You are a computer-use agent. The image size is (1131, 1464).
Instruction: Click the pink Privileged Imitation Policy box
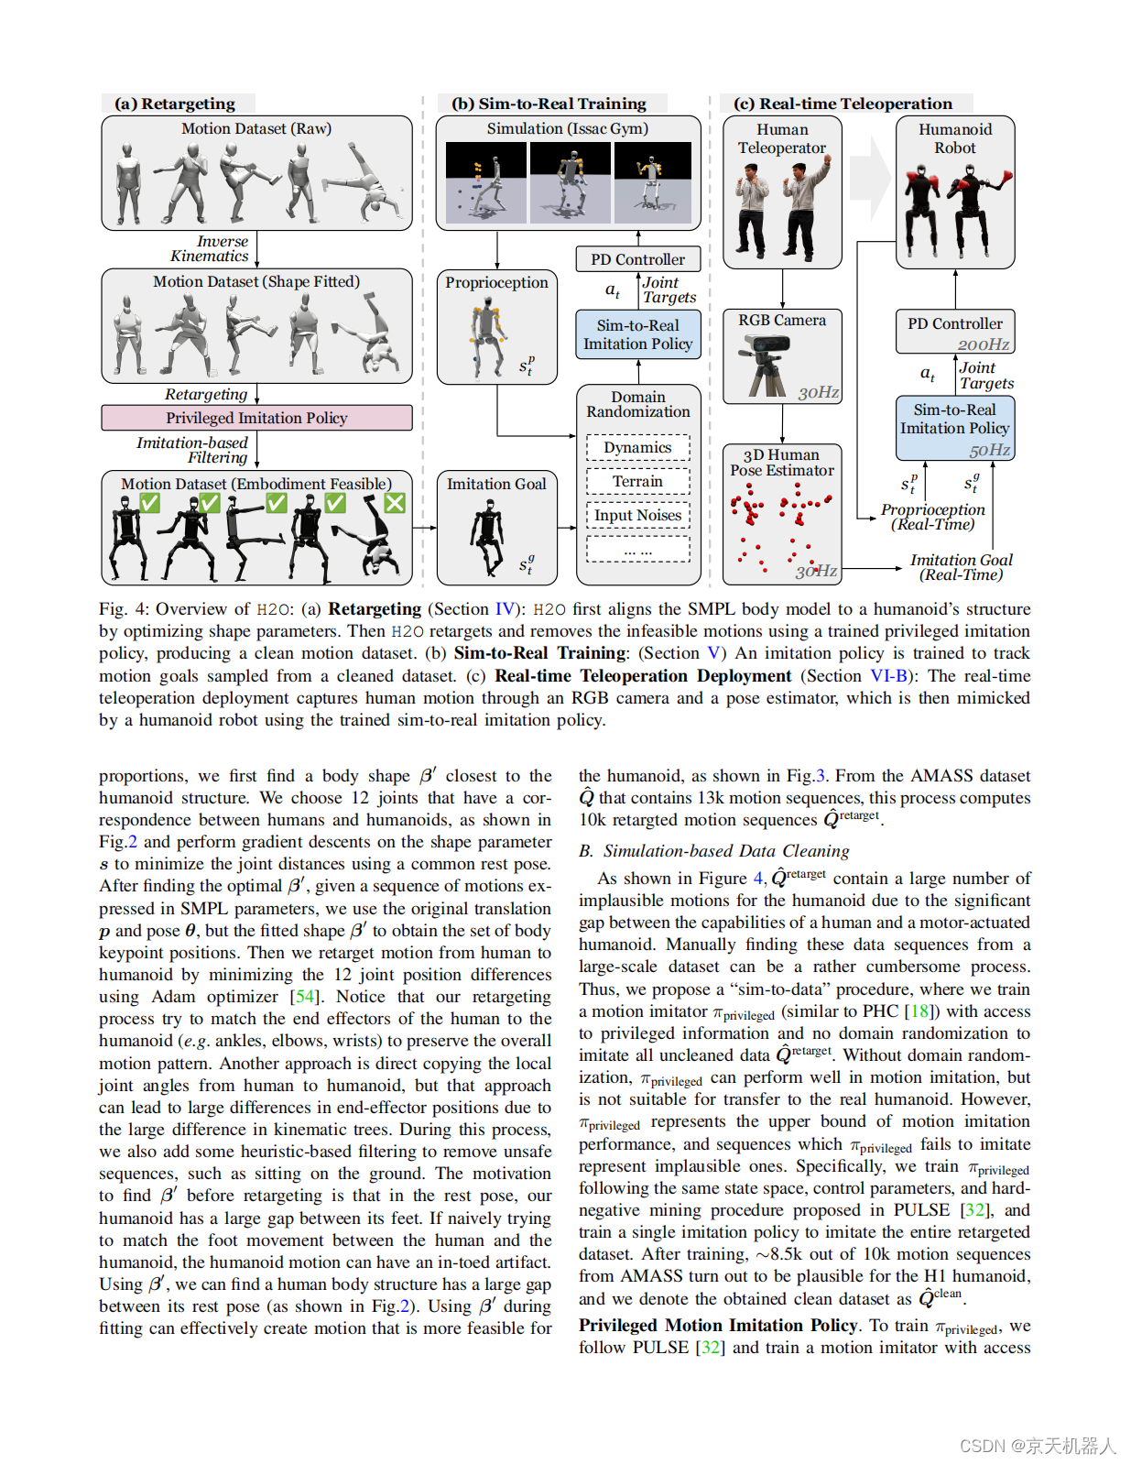click(x=256, y=418)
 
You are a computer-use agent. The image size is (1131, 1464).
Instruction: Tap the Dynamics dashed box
click(x=637, y=448)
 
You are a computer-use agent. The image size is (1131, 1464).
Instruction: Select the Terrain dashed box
click(x=637, y=482)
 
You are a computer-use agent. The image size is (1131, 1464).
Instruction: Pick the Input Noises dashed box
click(x=637, y=516)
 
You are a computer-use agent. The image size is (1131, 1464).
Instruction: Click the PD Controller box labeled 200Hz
click(x=954, y=332)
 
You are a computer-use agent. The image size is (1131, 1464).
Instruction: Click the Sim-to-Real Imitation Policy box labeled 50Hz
click(x=954, y=428)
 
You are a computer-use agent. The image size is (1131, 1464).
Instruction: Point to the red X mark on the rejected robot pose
click(x=395, y=503)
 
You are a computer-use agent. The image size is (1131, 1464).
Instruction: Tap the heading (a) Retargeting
click(x=175, y=104)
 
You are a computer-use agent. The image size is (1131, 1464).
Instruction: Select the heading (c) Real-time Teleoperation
click(x=843, y=104)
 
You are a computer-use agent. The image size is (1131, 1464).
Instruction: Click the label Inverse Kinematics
click(x=211, y=249)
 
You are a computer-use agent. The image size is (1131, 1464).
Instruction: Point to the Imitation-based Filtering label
click(x=193, y=450)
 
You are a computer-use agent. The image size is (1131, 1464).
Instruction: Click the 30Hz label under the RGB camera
click(x=818, y=392)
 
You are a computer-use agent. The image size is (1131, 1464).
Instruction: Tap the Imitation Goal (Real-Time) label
click(x=961, y=567)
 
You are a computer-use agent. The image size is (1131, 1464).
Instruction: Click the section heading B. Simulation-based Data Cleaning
click(x=714, y=851)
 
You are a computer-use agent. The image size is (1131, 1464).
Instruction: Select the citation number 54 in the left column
click(x=305, y=997)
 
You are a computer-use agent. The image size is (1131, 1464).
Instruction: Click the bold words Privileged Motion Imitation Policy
click(x=718, y=1326)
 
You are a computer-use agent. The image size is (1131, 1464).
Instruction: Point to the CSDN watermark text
click(x=1038, y=1447)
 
